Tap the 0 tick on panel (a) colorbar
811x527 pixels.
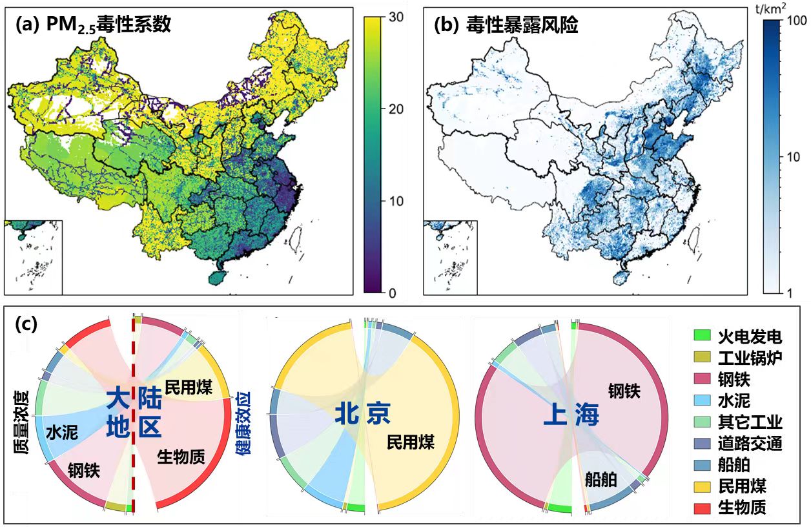click(x=391, y=293)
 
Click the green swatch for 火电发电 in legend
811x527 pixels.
click(x=701, y=336)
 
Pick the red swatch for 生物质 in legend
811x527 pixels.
click(x=701, y=508)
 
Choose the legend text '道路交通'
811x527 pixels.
click(x=750, y=444)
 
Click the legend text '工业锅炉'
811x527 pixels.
click(x=750, y=357)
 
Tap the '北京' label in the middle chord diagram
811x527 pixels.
click(x=362, y=414)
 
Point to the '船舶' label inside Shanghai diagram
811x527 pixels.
click(x=601, y=479)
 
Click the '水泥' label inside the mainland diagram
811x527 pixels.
click(x=61, y=432)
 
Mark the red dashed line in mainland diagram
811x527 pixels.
click(x=134, y=413)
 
